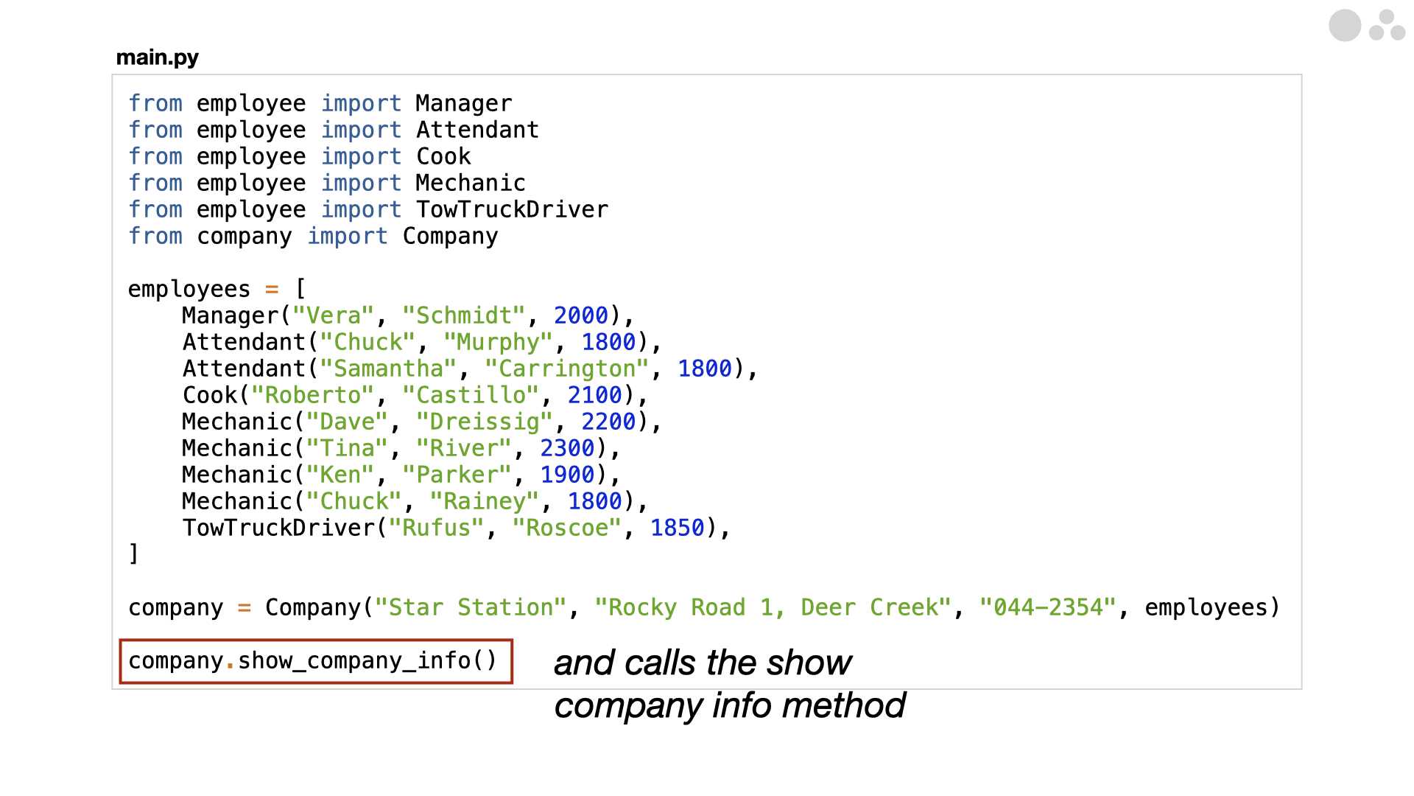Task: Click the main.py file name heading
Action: (158, 57)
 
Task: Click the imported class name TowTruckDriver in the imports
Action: (513, 209)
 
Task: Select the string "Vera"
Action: (333, 315)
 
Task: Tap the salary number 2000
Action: (581, 315)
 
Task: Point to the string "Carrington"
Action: (567, 369)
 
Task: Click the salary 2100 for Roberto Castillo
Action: (595, 395)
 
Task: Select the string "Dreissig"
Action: (485, 422)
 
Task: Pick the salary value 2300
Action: (567, 448)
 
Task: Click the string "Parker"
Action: (457, 475)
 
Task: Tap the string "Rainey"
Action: (485, 501)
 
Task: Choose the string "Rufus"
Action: (437, 528)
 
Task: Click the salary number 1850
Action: (678, 528)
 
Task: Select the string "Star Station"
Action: (471, 607)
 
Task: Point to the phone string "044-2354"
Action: (1048, 607)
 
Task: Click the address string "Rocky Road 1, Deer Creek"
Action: (773, 607)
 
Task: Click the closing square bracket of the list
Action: (133, 554)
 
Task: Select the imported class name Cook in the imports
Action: (443, 156)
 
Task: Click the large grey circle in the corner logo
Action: (1345, 26)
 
